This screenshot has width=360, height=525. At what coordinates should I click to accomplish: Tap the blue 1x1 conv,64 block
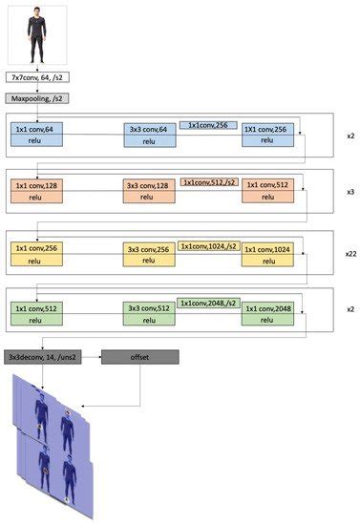tap(37, 134)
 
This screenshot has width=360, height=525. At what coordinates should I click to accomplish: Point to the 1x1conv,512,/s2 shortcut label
tap(208, 181)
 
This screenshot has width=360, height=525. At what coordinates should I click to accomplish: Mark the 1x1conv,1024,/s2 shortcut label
tap(208, 244)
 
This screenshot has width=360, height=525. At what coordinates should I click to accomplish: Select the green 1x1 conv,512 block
tap(37, 313)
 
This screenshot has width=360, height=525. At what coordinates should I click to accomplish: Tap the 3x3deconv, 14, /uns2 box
tap(44, 355)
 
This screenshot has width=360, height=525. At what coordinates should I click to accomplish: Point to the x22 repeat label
tap(349, 255)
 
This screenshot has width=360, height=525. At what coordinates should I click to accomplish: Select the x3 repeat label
tap(350, 192)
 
